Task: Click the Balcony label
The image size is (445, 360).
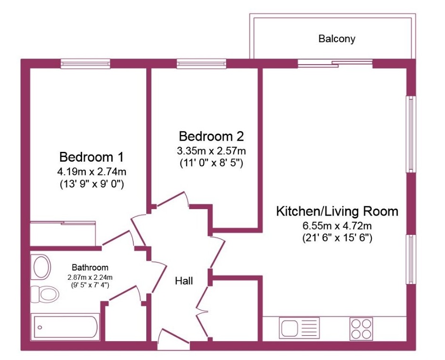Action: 337,38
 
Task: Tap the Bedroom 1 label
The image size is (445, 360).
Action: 91,157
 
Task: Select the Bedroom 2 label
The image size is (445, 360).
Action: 211,136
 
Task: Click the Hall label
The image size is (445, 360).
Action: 184,281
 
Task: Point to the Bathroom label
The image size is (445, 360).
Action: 90,268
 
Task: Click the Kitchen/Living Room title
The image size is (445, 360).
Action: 337,211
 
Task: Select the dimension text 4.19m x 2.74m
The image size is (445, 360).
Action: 91,172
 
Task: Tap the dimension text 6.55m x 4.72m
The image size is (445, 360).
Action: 337,226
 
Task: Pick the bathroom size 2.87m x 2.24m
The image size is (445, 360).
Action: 90,277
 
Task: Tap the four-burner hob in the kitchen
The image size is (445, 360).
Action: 361,329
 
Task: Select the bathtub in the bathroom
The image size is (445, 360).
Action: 65,327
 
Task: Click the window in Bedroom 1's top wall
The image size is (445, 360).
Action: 85,64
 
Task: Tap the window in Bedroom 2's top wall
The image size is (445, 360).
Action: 202,64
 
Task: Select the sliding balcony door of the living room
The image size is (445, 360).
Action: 335,64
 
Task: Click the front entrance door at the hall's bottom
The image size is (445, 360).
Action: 173,339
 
